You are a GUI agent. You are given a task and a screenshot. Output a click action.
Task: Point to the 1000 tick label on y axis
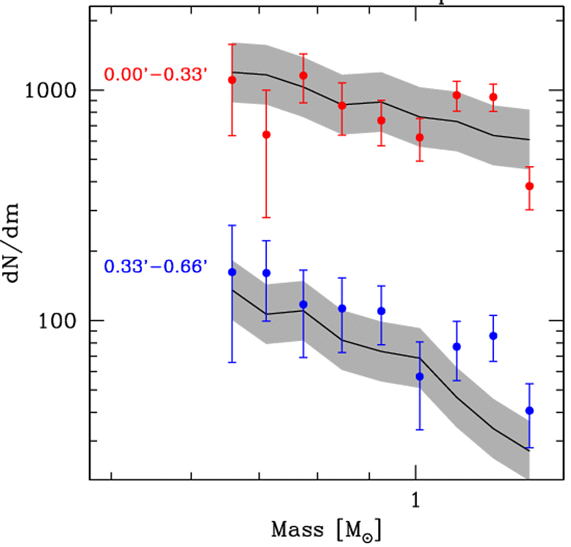(51, 91)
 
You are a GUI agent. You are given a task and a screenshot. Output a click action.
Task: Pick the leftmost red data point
(232, 80)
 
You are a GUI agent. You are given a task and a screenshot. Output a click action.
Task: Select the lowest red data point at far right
(530, 186)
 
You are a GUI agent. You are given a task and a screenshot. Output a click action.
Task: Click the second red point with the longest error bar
(266, 135)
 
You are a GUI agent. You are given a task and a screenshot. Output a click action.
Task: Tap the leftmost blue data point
(232, 272)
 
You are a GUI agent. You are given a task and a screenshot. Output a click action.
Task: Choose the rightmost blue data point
(530, 411)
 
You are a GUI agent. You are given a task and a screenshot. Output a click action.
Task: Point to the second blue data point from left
(266, 273)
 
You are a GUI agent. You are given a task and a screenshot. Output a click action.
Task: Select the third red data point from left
(304, 75)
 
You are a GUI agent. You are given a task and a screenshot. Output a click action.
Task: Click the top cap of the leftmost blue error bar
(232, 226)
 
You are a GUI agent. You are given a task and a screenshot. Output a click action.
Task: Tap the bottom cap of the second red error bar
(266, 218)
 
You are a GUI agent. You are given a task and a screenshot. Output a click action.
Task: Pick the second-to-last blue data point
(493, 336)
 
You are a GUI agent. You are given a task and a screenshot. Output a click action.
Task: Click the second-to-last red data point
(493, 97)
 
